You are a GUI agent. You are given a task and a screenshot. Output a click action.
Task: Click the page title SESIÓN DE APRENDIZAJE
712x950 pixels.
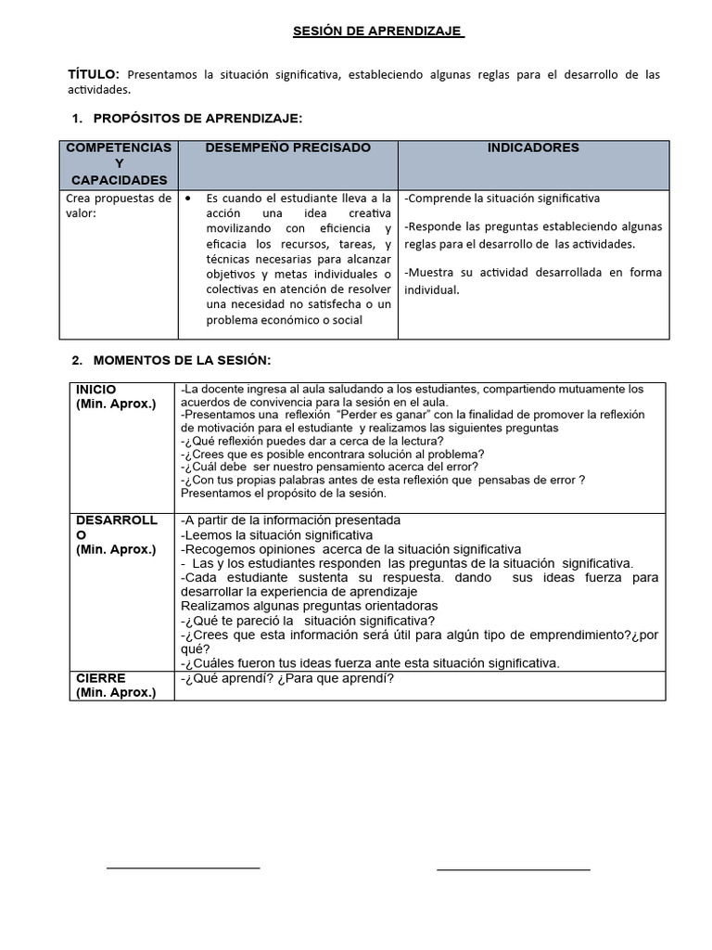point(377,32)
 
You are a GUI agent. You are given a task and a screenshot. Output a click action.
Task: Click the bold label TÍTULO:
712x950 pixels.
point(94,74)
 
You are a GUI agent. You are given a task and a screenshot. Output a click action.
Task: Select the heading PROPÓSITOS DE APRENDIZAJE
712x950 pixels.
point(197,119)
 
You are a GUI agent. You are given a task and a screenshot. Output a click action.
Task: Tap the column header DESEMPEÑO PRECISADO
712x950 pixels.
point(287,148)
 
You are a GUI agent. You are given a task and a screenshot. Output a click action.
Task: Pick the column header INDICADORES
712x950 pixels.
point(533,148)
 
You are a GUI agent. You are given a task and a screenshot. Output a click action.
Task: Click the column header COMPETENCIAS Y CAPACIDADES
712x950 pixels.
point(119,163)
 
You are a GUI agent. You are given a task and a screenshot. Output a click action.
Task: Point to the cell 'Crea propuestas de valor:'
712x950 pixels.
point(119,205)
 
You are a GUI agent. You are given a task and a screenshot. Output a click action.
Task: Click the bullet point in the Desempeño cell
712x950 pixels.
point(189,199)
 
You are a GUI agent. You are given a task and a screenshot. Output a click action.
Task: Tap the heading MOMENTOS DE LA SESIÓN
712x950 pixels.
point(182,360)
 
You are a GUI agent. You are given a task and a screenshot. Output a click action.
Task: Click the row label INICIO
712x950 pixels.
point(96,390)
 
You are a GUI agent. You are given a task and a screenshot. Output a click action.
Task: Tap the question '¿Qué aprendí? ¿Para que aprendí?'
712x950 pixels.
point(286,678)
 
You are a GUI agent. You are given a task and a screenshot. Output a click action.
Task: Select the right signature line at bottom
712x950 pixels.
point(513,870)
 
